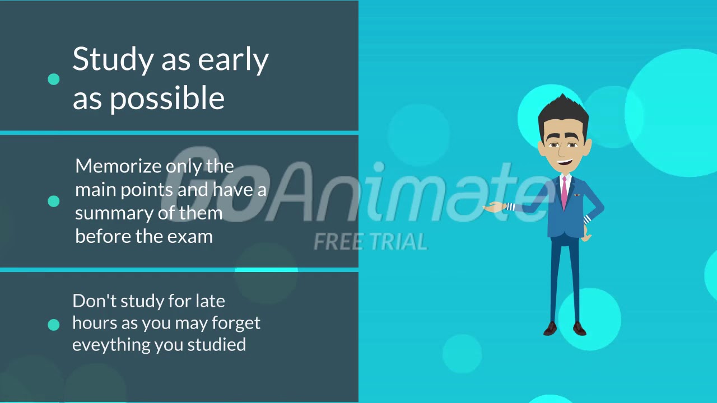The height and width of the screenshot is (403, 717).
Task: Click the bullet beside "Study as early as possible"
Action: point(54,79)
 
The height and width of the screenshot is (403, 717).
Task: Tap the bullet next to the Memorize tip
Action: point(54,201)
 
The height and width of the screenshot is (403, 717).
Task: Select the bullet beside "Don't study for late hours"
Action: point(54,325)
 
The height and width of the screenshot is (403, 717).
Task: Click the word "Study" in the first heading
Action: point(113,60)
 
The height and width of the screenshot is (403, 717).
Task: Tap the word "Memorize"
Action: point(119,166)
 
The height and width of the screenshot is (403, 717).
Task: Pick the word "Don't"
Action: point(94,301)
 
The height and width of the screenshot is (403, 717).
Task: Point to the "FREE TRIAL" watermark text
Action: point(370,242)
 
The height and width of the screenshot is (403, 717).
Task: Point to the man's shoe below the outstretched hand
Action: point(551,329)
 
